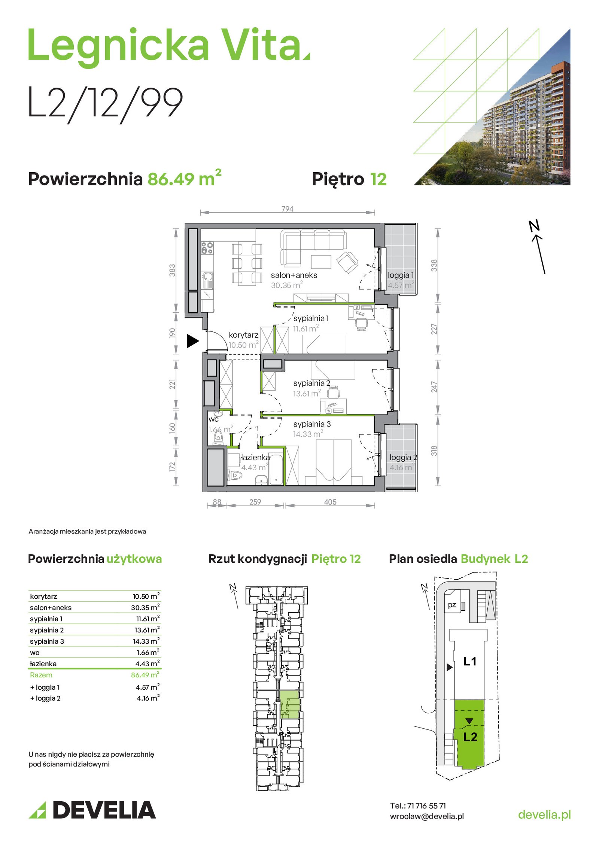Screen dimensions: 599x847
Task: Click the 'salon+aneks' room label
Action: tap(294, 275)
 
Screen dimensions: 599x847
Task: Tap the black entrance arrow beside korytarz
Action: tap(192, 341)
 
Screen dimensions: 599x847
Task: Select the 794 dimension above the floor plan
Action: tap(287, 209)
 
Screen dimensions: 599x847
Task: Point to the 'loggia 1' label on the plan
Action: tap(401, 275)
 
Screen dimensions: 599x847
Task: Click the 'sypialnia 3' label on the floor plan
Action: tap(312, 424)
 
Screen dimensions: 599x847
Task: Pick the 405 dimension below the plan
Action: tap(330, 502)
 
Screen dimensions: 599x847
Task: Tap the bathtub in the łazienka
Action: tap(276, 469)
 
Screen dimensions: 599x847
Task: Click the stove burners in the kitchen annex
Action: tap(207, 248)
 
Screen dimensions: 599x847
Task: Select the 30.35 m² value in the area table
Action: tap(145, 607)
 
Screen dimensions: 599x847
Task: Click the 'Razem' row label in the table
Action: tap(41, 675)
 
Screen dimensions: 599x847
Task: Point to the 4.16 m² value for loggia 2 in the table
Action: tap(148, 698)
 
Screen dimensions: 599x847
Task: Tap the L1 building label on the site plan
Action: tap(470, 661)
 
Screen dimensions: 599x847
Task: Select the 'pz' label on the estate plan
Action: tap(452, 604)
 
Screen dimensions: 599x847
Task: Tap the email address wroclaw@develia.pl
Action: tap(427, 816)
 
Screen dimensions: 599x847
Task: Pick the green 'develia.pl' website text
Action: tap(544, 814)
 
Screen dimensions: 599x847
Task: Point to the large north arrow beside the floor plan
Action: tap(537, 247)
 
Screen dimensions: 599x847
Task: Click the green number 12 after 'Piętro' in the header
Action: tap(378, 179)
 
